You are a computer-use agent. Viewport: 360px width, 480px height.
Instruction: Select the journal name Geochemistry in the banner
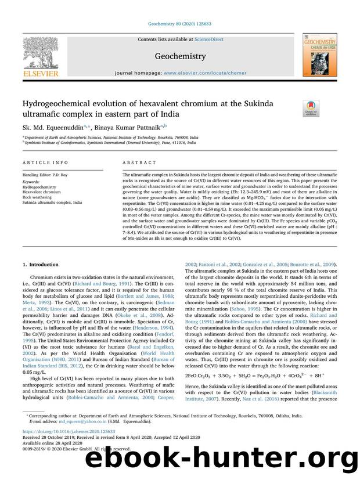pos(180,56)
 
